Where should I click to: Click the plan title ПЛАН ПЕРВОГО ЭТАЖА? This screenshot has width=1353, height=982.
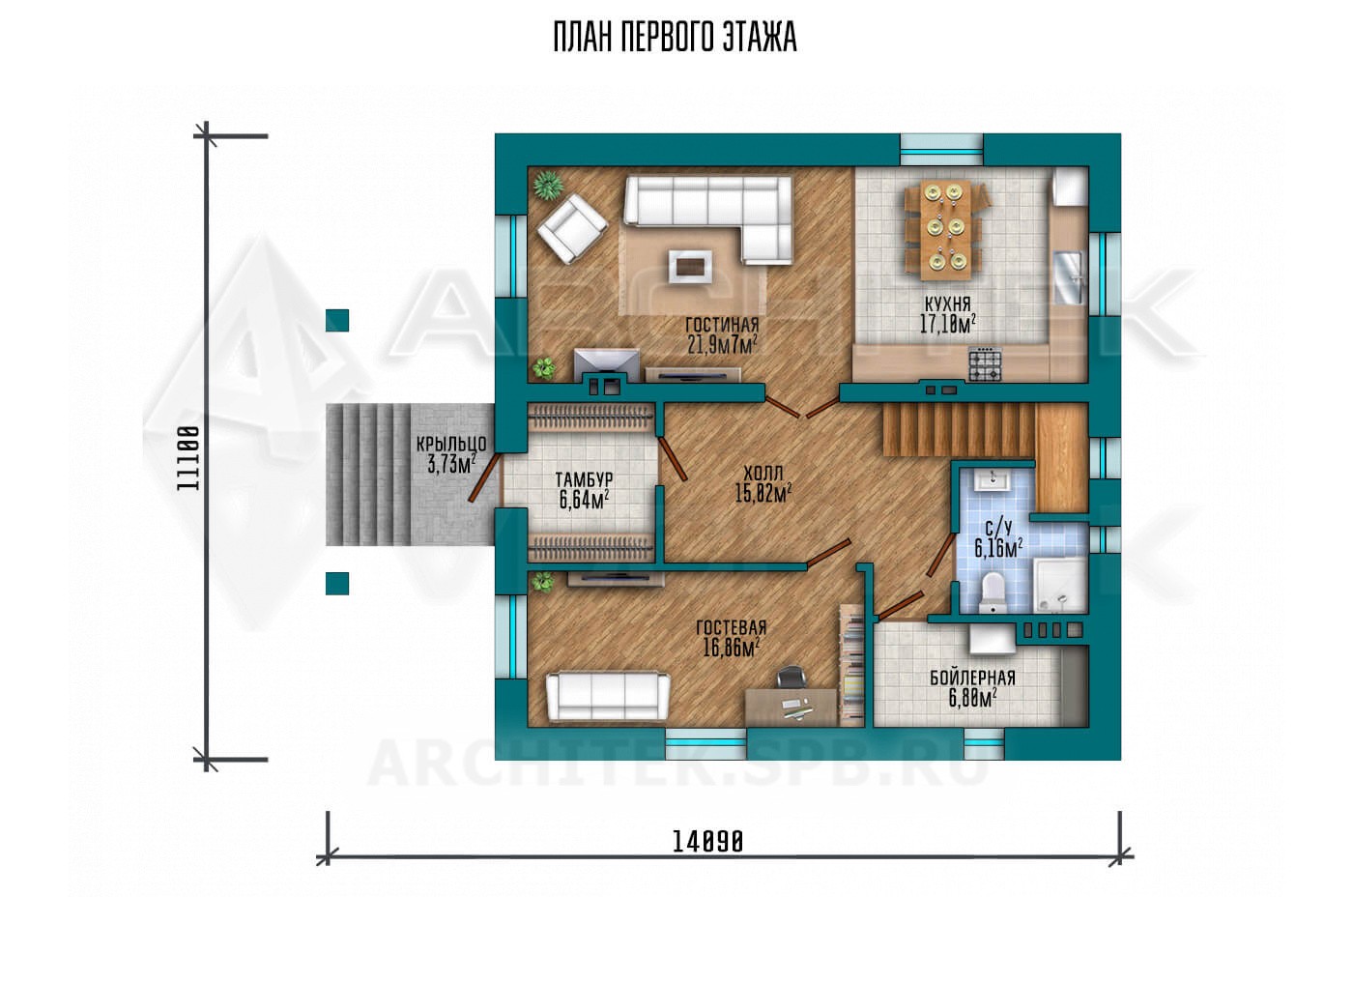click(x=675, y=38)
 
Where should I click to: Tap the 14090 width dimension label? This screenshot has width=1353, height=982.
click(x=707, y=841)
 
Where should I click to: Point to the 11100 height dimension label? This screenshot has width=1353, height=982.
click(x=188, y=458)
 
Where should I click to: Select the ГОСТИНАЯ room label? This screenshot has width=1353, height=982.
click(x=722, y=325)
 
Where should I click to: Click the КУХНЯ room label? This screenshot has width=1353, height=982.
click(x=948, y=303)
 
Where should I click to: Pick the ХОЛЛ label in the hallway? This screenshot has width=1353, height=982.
click(x=763, y=473)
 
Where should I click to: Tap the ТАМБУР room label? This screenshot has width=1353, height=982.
click(x=584, y=479)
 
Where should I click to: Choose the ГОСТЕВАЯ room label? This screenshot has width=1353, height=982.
click(x=731, y=627)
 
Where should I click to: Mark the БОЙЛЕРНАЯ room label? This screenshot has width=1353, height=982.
click(x=972, y=678)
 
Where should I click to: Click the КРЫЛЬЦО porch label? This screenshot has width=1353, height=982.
click(x=451, y=444)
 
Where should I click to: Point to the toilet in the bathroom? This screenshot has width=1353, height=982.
click(x=993, y=592)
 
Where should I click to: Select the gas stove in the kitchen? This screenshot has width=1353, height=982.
click(x=985, y=363)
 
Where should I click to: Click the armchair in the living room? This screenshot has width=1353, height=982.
click(x=572, y=228)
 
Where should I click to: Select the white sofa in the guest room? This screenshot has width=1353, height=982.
click(x=608, y=695)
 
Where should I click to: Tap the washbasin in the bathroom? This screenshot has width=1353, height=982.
click(x=992, y=480)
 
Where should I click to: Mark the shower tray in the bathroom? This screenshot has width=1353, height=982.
click(x=1059, y=586)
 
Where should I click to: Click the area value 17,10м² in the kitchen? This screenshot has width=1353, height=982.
click(x=948, y=325)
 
